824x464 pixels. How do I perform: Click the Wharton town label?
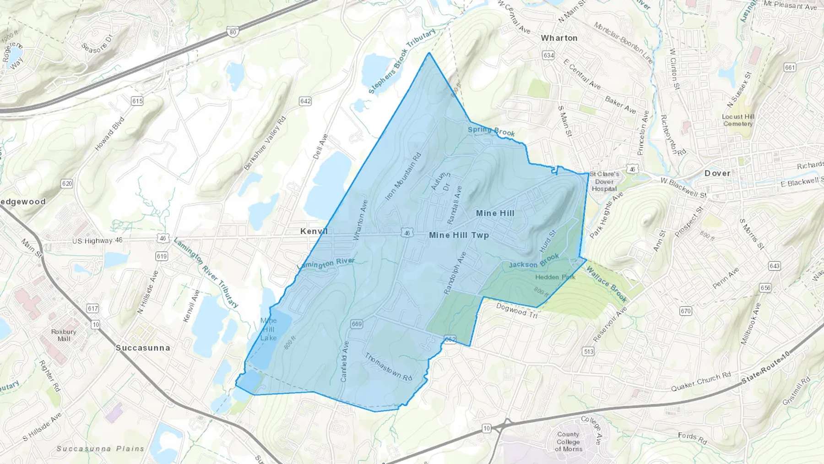559,38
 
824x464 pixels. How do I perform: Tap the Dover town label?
717,173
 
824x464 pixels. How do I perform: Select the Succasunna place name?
143,348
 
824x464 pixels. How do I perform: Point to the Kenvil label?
314,231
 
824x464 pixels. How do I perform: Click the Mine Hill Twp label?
459,235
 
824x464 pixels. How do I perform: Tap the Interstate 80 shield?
233,32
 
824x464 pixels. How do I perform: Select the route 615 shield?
137,101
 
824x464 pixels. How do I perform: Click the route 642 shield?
305,101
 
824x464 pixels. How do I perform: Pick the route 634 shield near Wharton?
548,55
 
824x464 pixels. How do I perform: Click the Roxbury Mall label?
64,335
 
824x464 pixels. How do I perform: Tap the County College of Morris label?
569,442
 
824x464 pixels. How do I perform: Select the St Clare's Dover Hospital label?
604,181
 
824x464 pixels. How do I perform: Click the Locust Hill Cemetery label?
738,120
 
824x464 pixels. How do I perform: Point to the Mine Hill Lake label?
269,329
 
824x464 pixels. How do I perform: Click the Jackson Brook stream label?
534,262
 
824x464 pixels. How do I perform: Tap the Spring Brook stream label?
491,131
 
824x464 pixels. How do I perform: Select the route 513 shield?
588,352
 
